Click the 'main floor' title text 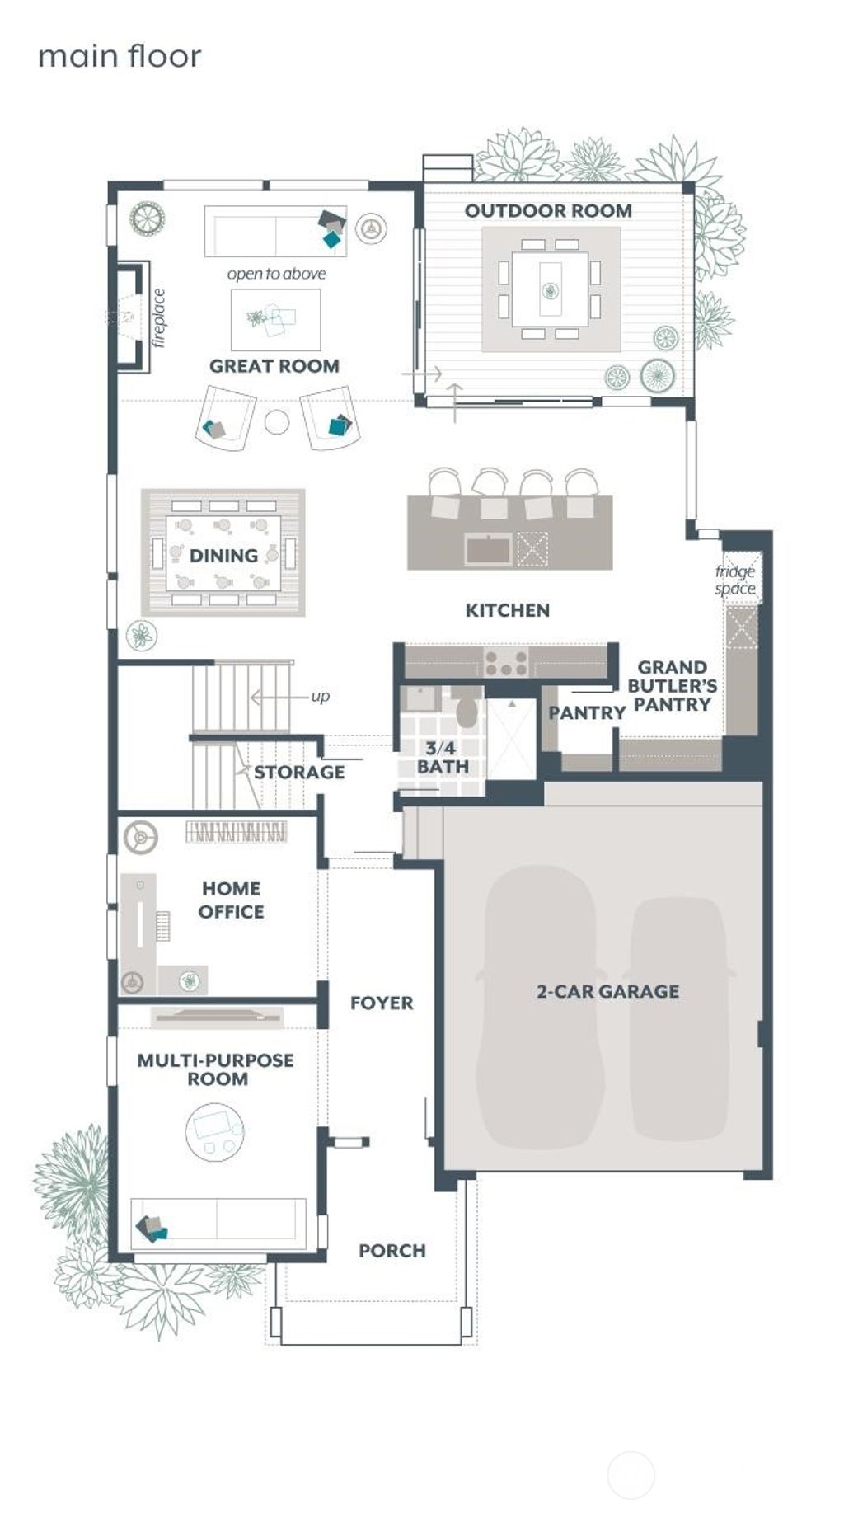(120, 56)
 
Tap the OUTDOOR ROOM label (548, 211)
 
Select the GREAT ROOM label (274, 366)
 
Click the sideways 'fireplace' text (159, 318)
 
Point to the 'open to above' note (276, 274)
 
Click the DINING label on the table (223, 556)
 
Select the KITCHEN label (507, 610)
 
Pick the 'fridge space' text (735, 580)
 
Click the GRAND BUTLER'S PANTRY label (672, 685)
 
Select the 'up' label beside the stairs (320, 697)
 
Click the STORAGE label (299, 773)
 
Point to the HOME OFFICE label (232, 900)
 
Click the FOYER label (382, 1003)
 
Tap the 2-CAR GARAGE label (607, 991)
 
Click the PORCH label (392, 1251)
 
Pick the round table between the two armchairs (277, 422)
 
